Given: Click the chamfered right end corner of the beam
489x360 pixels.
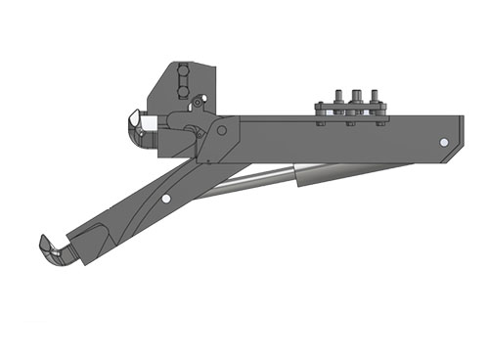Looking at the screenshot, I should [460, 123].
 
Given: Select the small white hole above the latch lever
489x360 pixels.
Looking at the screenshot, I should [199, 99].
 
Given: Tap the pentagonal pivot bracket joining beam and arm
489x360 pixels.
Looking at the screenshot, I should [217, 140].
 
